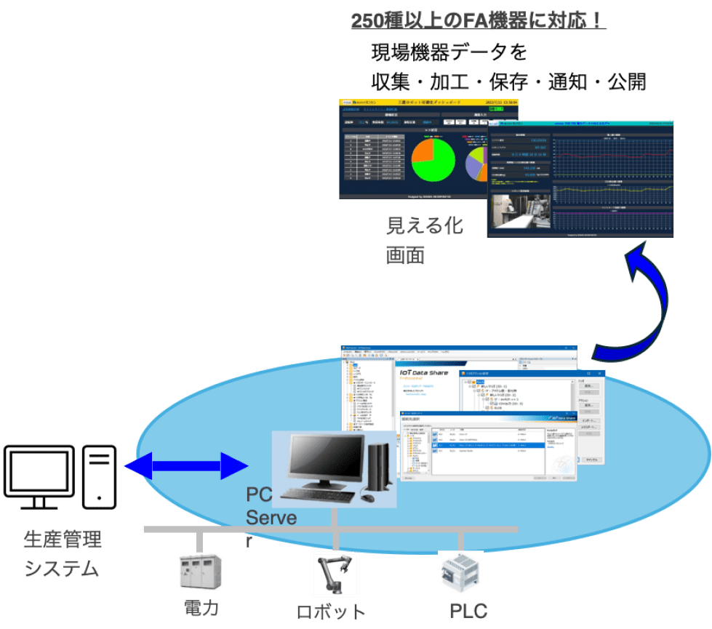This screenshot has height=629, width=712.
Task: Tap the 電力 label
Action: pos(200,608)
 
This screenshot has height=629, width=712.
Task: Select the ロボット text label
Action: pos(330,611)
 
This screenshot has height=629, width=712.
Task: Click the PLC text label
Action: pos(468,610)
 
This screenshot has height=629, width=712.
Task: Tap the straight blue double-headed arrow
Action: pos(186,466)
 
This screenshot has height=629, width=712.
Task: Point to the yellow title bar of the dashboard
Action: pos(412,103)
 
